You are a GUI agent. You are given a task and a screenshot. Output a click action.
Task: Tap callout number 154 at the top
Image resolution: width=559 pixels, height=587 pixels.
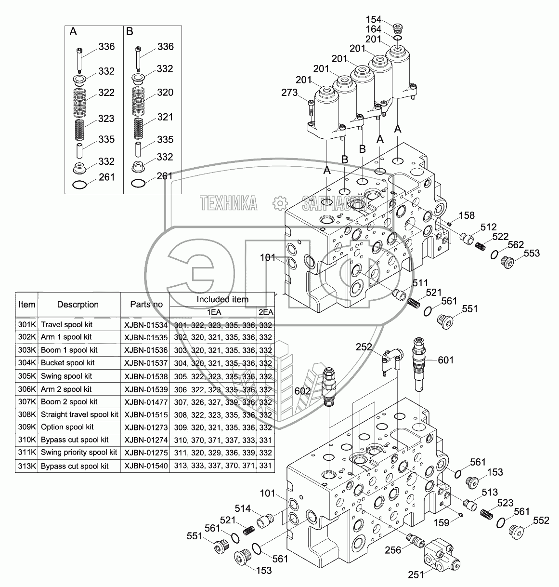tap(374, 20)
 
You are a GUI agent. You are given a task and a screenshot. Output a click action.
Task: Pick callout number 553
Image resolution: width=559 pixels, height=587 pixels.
tap(532, 253)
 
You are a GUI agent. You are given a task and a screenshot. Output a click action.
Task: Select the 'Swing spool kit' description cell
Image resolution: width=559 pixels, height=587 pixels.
tap(66, 376)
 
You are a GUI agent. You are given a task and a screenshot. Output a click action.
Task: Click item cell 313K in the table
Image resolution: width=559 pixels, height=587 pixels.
tap(27, 466)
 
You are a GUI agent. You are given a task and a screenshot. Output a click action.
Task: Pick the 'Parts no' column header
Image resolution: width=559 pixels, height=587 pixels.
tap(146, 304)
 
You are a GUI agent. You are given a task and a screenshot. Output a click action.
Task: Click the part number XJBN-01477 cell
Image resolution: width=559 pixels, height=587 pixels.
tap(145, 401)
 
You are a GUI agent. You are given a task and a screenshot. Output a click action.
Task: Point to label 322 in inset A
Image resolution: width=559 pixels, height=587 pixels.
tap(106, 93)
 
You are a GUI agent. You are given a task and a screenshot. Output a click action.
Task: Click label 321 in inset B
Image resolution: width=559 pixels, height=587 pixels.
tap(165, 117)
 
